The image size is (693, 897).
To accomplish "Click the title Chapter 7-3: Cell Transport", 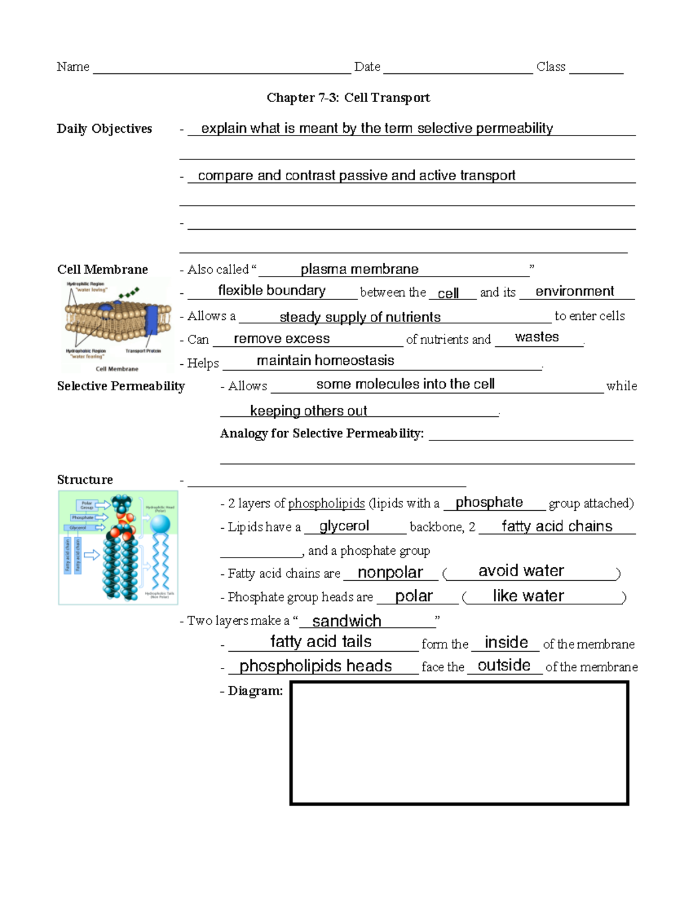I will pos(348,98).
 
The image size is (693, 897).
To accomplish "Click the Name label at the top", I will pos(73,67).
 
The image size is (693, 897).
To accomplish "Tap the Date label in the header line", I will pos(367,67).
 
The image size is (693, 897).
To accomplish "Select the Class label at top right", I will pos(550,67).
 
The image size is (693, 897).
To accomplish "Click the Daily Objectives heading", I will pos(105,129).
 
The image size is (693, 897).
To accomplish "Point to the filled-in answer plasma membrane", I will pos(359,269).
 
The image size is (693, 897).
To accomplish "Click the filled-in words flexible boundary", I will pos(271,290).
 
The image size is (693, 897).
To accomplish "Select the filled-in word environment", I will pos(575,291).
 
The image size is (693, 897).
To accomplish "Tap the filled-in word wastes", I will pos(536,337).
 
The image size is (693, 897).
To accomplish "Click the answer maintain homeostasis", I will pos(325,361).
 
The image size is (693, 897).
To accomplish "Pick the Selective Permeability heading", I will pos(121,386).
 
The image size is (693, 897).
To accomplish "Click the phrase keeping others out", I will pos(308,411).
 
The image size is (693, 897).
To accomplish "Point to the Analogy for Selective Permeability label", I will pos(322,433).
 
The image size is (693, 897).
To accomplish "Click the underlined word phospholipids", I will pos(326,503).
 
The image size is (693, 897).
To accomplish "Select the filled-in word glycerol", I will pos(344,526).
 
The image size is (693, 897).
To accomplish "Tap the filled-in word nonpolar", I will pos(390,573).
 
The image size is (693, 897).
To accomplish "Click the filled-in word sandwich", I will pos(346,621).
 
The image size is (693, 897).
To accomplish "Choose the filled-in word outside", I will pos(504,666).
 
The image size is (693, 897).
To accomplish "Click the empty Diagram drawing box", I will pos(459,743).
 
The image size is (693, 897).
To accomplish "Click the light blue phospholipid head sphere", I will pos(160,524).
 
